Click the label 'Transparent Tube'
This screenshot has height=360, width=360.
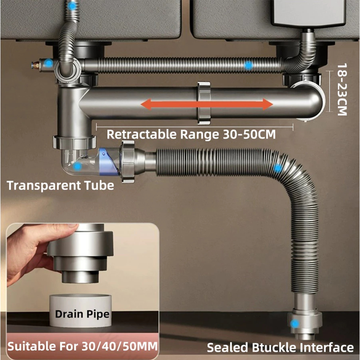click(60, 185)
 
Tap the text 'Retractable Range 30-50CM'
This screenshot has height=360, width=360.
click(191, 134)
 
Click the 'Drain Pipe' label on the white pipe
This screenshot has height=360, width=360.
click(82, 313)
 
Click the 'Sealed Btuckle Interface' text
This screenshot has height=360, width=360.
click(280, 347)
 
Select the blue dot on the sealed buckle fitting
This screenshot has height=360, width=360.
click(295, 323)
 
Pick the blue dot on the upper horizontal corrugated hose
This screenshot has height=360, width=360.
click(249, 65)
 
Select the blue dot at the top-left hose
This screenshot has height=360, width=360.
click(72, 6)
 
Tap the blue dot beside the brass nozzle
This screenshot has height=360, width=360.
click(49, 63)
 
